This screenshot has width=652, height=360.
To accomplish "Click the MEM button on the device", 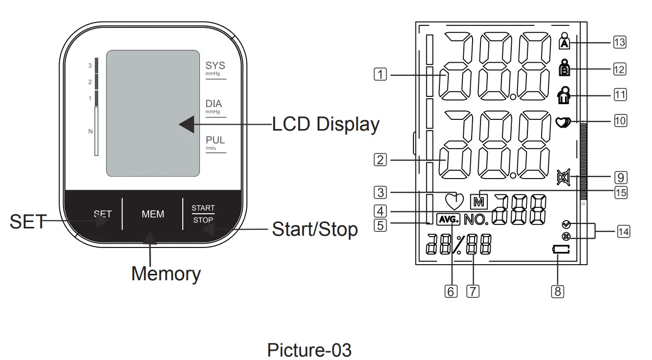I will pyautogui.click(x=152, y=214).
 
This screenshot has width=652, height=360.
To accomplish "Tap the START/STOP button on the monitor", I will pyautogui.click(x=203, y=214).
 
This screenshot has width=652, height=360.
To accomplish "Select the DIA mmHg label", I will pyautogui.click(x=214, y=107).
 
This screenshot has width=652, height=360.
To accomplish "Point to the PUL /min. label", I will pyautogui.click(x=215, y=143).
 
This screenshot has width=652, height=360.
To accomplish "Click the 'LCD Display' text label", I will pyautogui.click(x=326, y=124).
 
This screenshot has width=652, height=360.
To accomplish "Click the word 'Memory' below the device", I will pyautogui.click(x=166, y=273).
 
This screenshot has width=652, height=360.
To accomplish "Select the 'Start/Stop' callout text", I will pyautogui.click(x=315, y=229).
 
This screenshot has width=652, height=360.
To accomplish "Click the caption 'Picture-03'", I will pyautogui.click(x=309, y=350).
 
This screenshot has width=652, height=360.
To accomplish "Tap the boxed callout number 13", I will pyautogui.click(x=619, y=43).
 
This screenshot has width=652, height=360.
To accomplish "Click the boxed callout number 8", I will pyautogui.click(x=557, y=292).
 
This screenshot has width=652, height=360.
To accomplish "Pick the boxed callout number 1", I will pyautogui.click(x=380, y=75).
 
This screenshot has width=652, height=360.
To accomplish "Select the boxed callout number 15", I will pyautogui.click(x=620, y=192).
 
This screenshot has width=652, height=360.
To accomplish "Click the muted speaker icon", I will pyautogui.click(x=563, y=177).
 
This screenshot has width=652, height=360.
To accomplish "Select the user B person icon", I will pyautogui.click(x=565, y=68).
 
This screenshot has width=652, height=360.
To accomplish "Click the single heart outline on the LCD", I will pyautogui.click(x=454, y=200).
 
